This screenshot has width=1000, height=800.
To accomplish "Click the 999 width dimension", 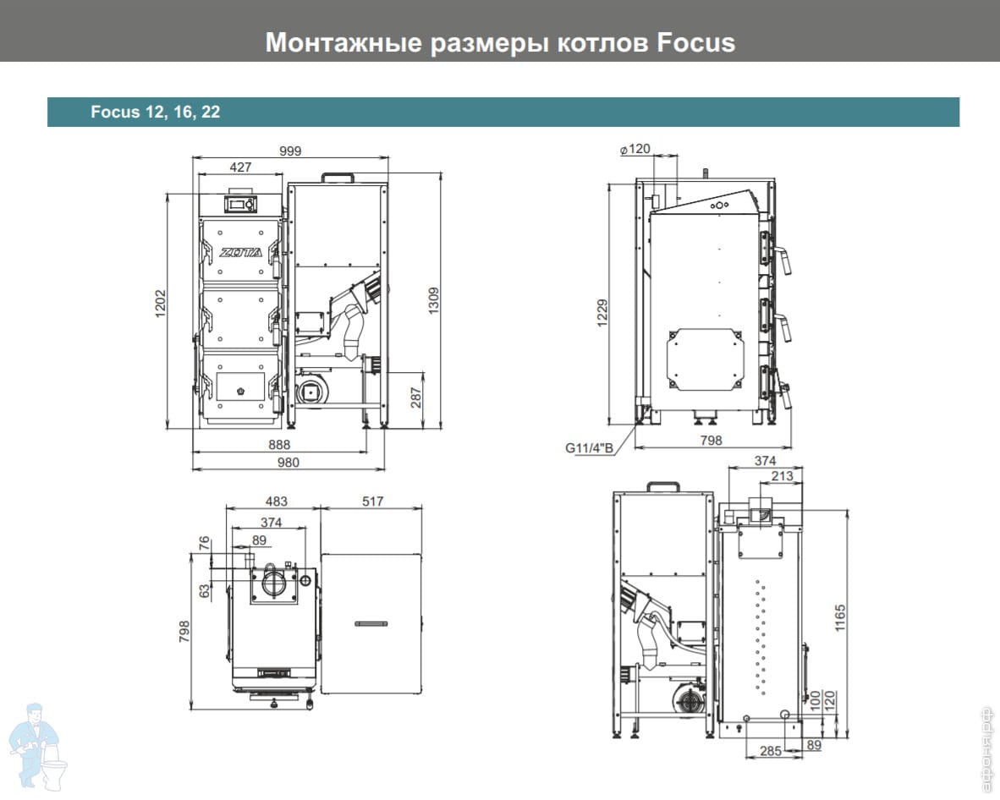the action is pyautogui.click(x=290, y=151).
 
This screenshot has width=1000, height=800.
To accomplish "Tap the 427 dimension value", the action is pyautogui.click(x=240, y=167).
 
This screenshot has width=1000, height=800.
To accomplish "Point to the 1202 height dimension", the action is pyautogui.click(x=160, y=304).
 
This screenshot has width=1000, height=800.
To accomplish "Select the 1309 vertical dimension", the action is pyautogui.click(x=434, y=300).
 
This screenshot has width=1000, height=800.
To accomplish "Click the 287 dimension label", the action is pyautogui.click(x=415, y=397).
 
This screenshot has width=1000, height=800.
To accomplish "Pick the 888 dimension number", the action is pyautogui.click(x=279, y=444).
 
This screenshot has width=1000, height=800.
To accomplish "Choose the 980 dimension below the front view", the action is pyautogui.click(x=288, y=462).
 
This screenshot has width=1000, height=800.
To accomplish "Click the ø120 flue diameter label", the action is pyautogui.click(x=635, y=149).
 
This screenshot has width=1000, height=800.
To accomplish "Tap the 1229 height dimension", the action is pyautogui.click(x=602, y=313).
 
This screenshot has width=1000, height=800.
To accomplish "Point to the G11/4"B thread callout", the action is pyautogui.click(x=589, y=447).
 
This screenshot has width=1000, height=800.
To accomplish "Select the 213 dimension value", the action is pyautogui.click(x=782, y=475).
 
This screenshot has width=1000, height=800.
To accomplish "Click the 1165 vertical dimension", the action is pyautogui.click(x=840, y=617).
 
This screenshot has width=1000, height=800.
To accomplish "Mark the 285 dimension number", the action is pyautogui.click(x=771, y=751).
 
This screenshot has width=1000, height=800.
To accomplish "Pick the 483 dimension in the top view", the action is pyautogui.click(x=276, y=501).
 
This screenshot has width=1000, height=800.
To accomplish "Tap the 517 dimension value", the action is pyautogui.click(x=372, y=501).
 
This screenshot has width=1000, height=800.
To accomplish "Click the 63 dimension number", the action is pyautogui.click(x=204, y=591).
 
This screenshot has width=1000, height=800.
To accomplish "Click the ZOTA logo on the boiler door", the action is pyautogui.click(x=240, y=252).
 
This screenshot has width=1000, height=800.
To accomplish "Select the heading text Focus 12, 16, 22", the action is pyautogui.click(x=155, y=112).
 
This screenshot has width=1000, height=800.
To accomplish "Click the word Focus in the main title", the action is pyautogui.click(x=695, y=43).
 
